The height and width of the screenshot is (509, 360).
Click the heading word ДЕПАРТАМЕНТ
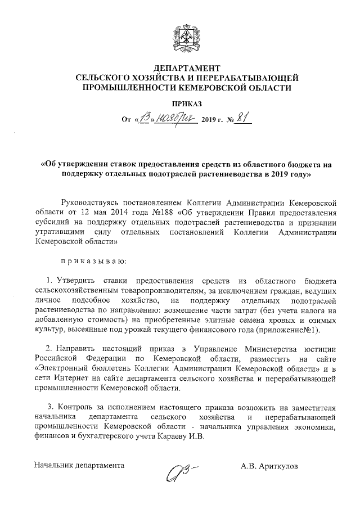pyautogui.click(x=186, y=68)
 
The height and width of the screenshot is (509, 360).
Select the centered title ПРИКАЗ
pyautogui.click(x=186, y=103)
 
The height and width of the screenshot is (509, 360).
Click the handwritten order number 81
pyautogui.click(x=245, y=118)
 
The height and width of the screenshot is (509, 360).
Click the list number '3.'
pyautogui.click(x=52, y=407)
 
